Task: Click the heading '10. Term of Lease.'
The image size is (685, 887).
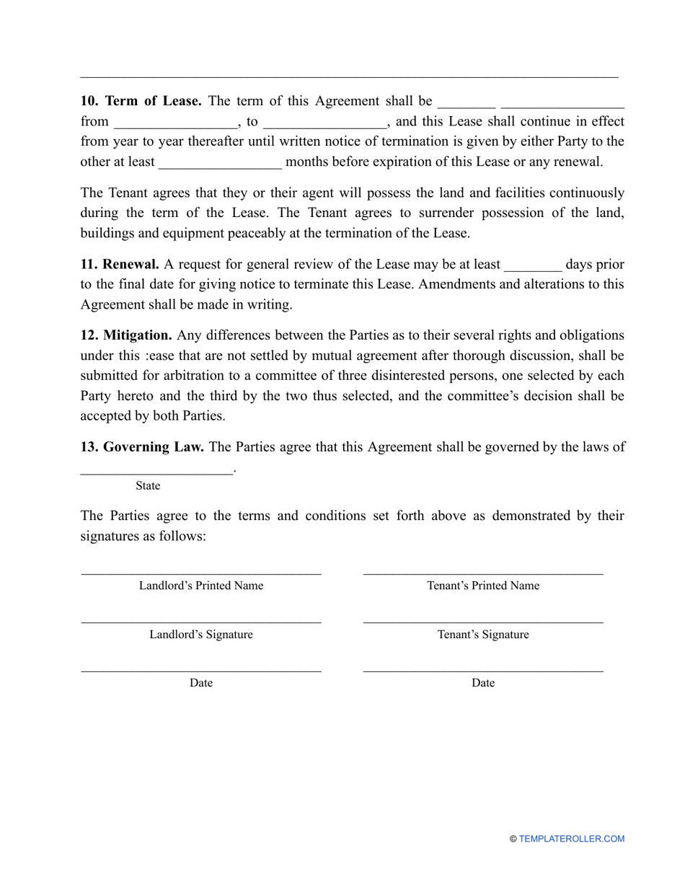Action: (x=141, y=101)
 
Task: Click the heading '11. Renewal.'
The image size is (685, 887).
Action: (x=120, y=264)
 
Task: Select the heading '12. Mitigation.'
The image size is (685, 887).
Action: (x=126, y=335)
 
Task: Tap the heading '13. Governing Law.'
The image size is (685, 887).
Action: (x=142, y=447)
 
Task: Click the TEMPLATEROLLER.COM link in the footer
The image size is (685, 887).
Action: (x=572, y=839)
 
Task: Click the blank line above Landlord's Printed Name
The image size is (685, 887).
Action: (x=201, y=573)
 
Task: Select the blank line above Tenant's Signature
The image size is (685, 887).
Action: (x=483, y=622)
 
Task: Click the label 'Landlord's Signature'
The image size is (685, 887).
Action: (x=201, y=635)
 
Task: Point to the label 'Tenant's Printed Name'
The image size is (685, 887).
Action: (x=483, y=586)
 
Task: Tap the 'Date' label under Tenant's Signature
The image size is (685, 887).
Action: (x=483, y=683)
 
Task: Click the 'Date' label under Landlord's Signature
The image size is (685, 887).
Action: (x=201, y=683)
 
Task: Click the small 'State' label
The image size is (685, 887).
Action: (x=148, y=486)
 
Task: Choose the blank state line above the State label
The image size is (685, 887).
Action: (x=156, y=472)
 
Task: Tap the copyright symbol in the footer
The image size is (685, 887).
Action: (x=513, y=839)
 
